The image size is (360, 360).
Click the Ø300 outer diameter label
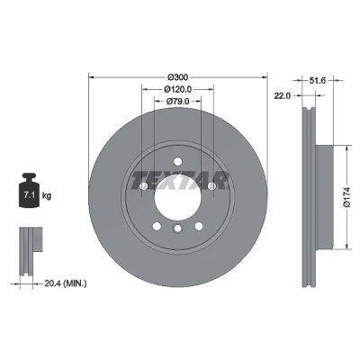pyautogui.click(x=177, y=77)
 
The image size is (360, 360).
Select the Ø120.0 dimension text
pyautogui.click(x=178, y=89)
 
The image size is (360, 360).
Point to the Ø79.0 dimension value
pyautogui.click(x=177, y=102)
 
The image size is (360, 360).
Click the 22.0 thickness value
pyautogui.click(x=282, y=95)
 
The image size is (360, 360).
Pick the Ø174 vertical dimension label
pyautogui.click(x=347, y=197)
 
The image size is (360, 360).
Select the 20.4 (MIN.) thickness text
pyautogui.click(x=66, y=283)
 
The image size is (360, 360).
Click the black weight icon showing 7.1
pyautogui.click(x=30, y=190)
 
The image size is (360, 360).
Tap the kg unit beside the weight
pyautogui.click(x=47, y=196)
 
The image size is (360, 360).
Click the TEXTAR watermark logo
pyautogui.click(x=179, y=181)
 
